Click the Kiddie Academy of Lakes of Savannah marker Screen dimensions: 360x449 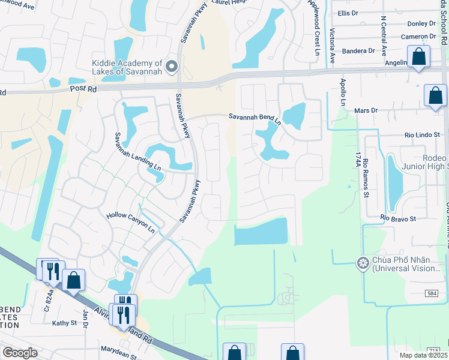click(172, 66)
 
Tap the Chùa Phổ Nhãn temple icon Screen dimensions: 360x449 click(362, 263)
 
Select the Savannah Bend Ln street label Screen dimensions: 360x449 click(255, 119)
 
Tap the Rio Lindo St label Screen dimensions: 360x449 click(422, 136)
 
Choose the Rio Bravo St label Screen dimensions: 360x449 click(399, 219)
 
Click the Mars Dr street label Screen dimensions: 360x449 click(366, 110)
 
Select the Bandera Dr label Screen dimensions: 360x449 click(358, 51)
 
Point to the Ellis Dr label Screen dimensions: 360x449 click(348, 13)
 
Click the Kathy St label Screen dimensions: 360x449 click(64, 323)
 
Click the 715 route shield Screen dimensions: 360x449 click(434, 350)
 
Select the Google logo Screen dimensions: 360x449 click(20, 353)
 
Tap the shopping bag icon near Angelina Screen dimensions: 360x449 click(418, 58)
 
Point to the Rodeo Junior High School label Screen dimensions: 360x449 click(427, 162)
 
